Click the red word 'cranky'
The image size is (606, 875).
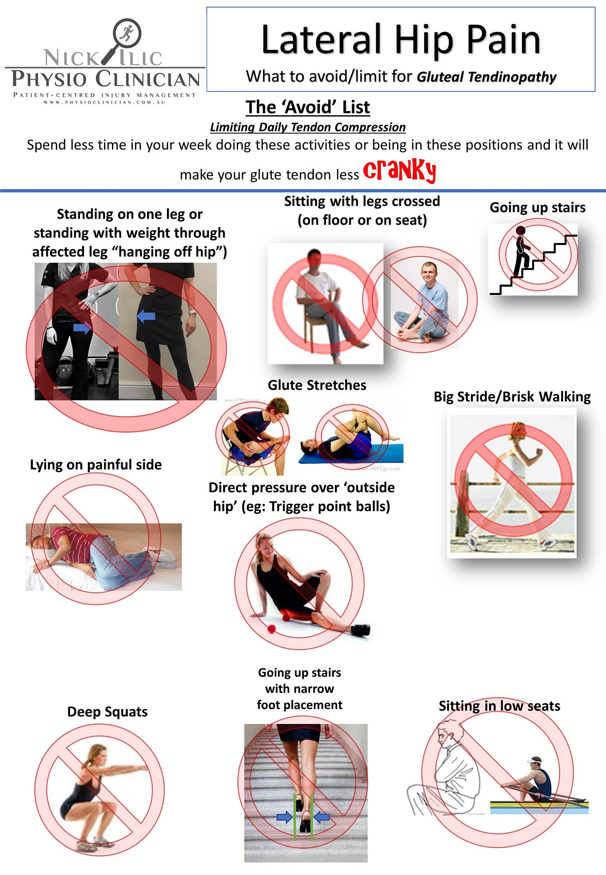400,170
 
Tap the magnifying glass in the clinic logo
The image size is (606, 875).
123,39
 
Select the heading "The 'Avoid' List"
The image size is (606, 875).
308,107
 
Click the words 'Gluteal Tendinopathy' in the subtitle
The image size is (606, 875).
487,77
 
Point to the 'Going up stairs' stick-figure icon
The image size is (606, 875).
533,259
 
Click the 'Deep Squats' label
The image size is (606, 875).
107,711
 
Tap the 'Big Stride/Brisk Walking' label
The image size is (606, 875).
512,397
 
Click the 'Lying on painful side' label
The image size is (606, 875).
96,464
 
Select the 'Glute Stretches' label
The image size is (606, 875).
317,385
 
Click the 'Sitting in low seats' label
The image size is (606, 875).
499,706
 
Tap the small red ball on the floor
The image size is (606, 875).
271,629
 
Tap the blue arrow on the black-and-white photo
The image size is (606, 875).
82,328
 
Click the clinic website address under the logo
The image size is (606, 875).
104,102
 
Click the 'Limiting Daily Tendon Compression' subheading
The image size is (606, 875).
308,127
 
